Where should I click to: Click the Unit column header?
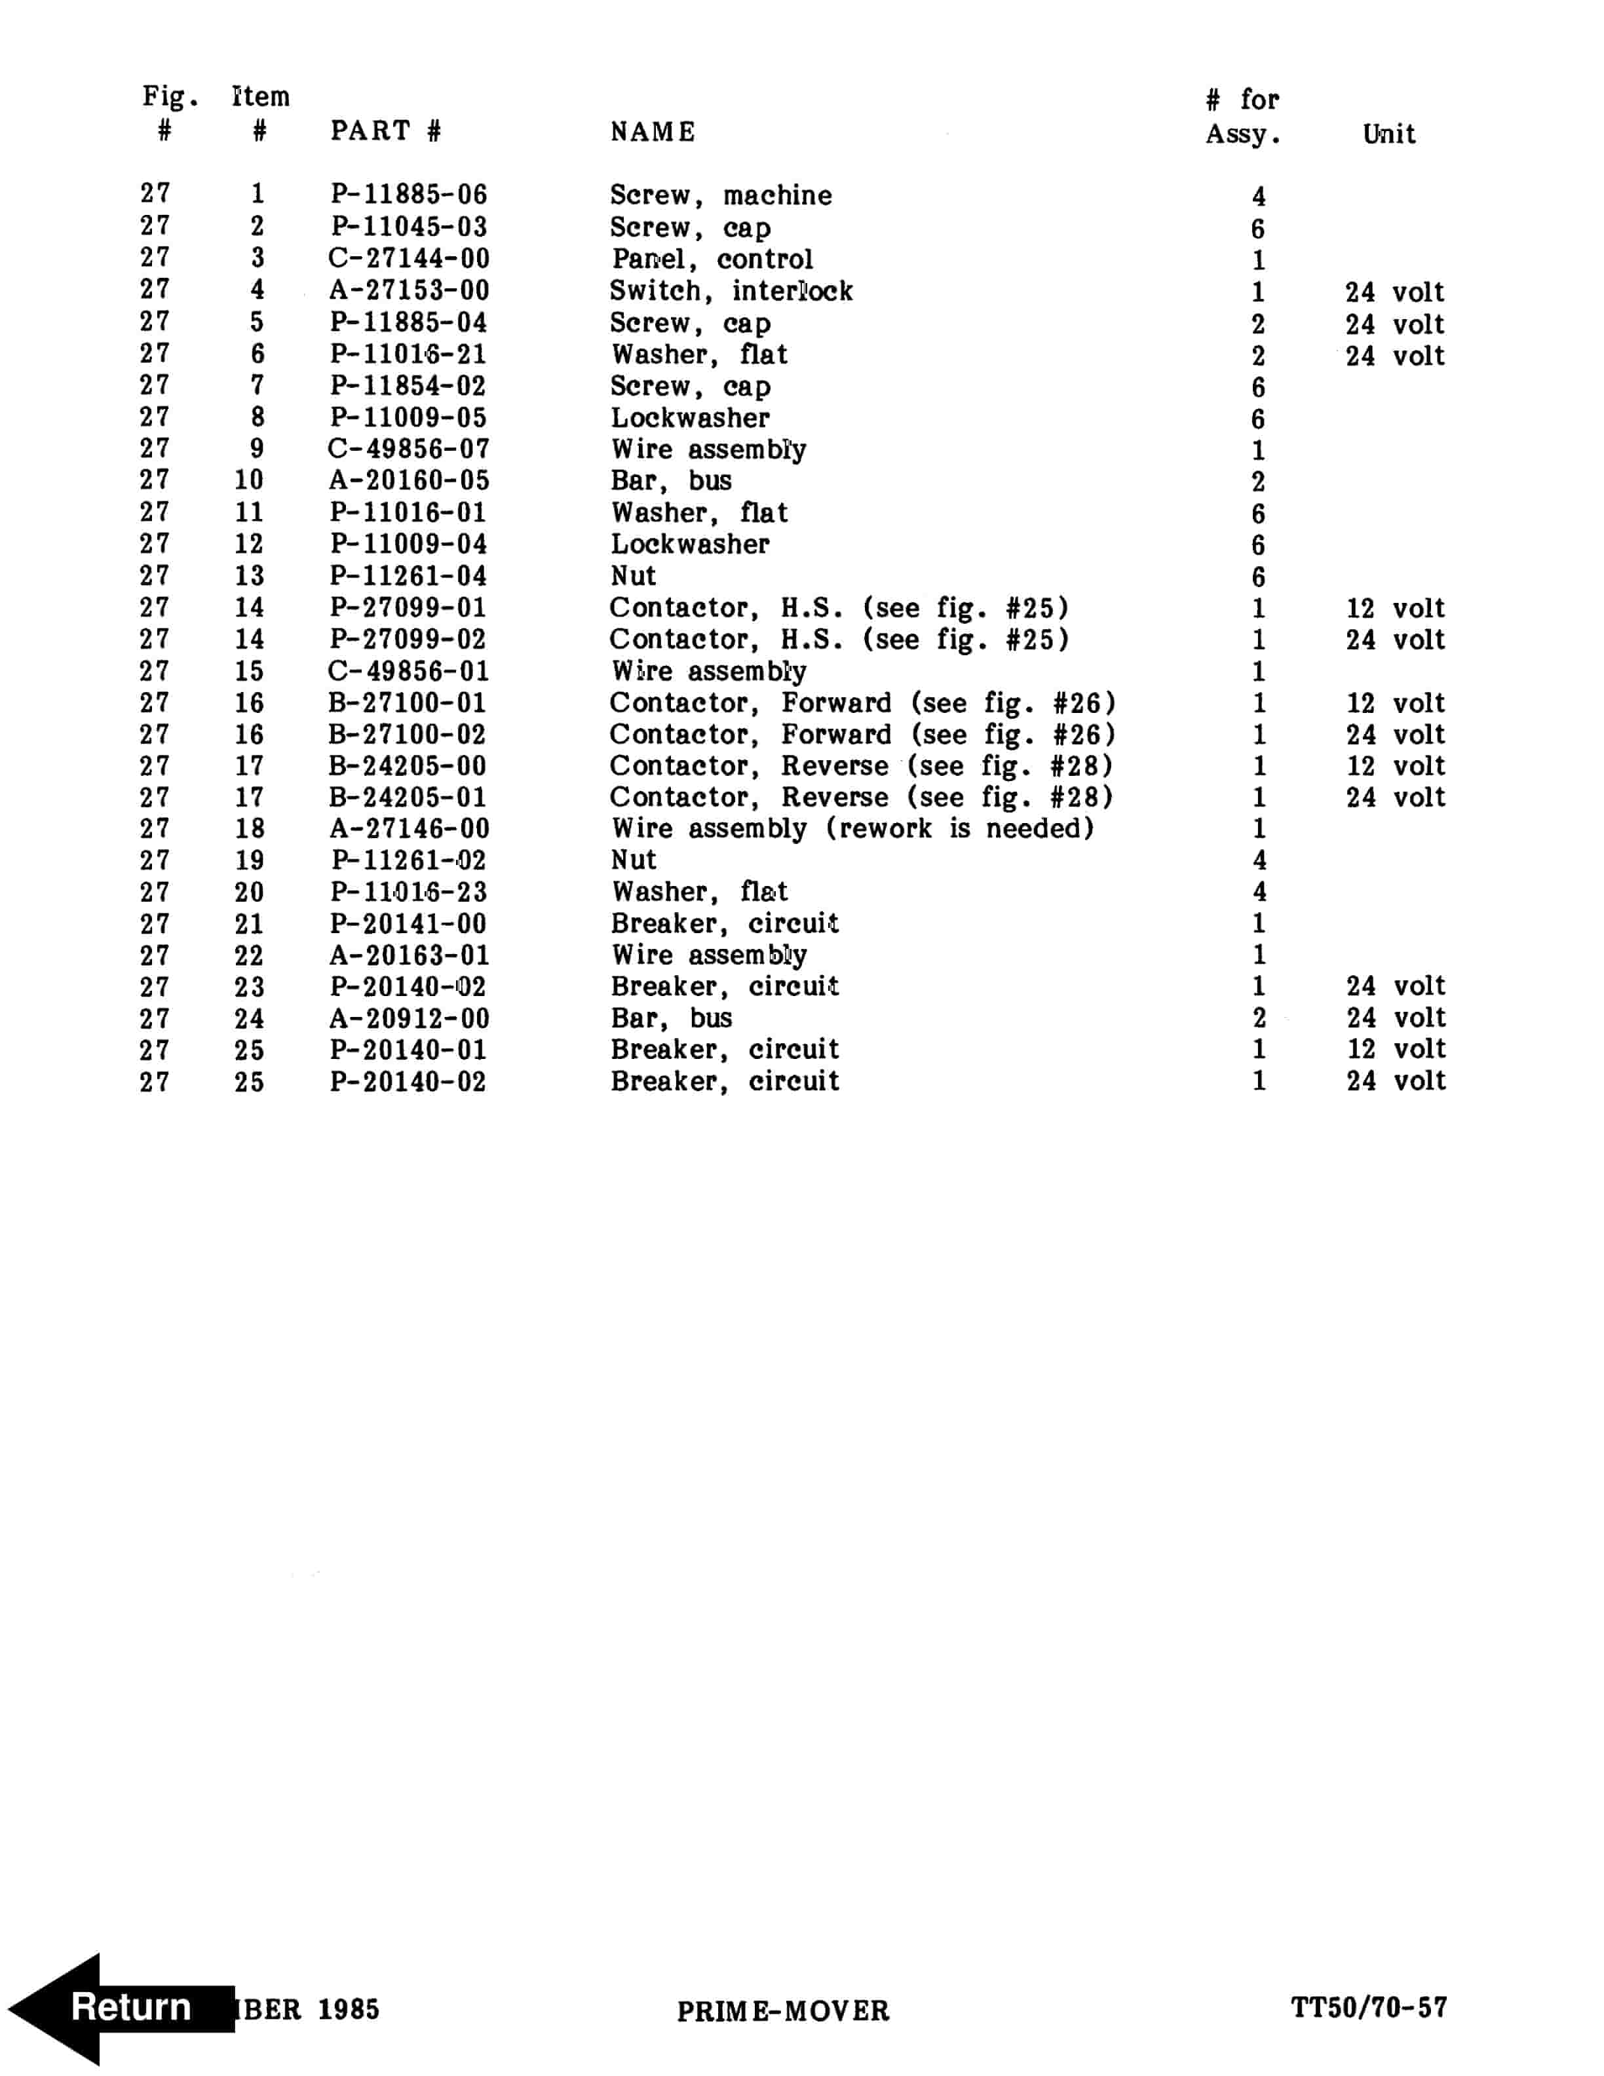(x=1388, y=134)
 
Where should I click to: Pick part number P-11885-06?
(x=409, y=195)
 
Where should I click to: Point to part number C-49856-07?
(x=409, y=449)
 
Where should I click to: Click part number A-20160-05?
(x=409, y=480)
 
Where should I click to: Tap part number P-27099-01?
(x=409, y=607)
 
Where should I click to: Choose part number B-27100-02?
(x=409, y=734)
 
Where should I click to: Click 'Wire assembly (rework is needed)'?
(x=852, y=828)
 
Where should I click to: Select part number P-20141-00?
(x=409, y=923)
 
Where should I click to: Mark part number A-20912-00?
(x=409, y=1018)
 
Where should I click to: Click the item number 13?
(x=249, y=576)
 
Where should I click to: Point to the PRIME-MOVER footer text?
(x=783, y=2010)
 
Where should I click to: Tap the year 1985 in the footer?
(x=348, y=2009)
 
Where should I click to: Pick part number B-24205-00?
(x=409, y=766)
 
